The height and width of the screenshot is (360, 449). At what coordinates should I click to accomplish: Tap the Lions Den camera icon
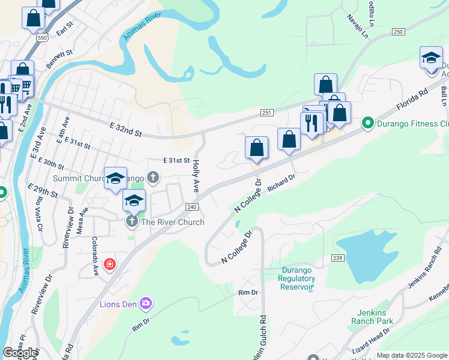tap(145, 303)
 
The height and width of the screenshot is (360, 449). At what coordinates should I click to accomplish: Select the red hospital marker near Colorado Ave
tap(109, 264)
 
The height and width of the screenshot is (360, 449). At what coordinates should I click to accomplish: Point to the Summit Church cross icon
tap(153, 178)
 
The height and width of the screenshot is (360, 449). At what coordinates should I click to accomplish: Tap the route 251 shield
tap(268, 113)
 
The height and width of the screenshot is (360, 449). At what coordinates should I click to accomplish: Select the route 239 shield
tap(337, 257)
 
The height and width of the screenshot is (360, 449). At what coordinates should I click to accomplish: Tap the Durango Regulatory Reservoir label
tap(298, 278)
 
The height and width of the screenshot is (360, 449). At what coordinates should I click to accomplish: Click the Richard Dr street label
tap(282, 183)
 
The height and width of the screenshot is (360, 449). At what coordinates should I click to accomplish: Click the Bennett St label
tap(60, 58)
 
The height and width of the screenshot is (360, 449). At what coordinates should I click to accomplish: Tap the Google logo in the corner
tap(20, 353)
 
